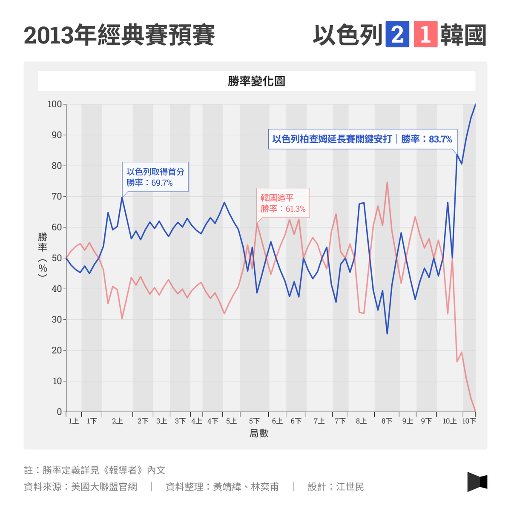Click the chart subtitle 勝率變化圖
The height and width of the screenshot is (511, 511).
(x=256, y=81)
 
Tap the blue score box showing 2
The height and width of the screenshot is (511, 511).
(x=397, y=34)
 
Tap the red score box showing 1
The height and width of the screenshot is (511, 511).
(x=425, y=34)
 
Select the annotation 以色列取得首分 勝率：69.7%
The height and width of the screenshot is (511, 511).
(x=155, y=177)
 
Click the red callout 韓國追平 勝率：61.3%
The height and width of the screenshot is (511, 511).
(x=283, y=203)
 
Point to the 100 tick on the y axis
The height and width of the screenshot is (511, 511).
(x=55, y=104)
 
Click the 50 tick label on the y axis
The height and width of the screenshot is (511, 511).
(x=57, y=258)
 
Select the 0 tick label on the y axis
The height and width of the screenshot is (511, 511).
(x=60, y=412)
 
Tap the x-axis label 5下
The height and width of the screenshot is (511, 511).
(x=254, y=421)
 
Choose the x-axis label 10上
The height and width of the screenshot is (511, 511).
(x=450, y=421)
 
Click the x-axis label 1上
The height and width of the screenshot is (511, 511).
(x=74, y=421)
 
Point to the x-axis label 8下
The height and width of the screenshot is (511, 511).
(x=387, y=421)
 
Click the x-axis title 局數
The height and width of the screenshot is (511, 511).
(x=259, y=433)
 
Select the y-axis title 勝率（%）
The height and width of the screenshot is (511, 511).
(x=43, y=255)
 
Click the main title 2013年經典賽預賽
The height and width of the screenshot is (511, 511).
(x=120, y=35)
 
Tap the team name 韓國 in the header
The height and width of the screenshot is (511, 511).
(x=463, y=35)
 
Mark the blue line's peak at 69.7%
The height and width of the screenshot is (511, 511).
(x=122, y=197)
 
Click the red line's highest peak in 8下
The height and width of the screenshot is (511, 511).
(x=387, y=182)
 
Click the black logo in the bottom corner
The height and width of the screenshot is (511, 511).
(x=477, y=482)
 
